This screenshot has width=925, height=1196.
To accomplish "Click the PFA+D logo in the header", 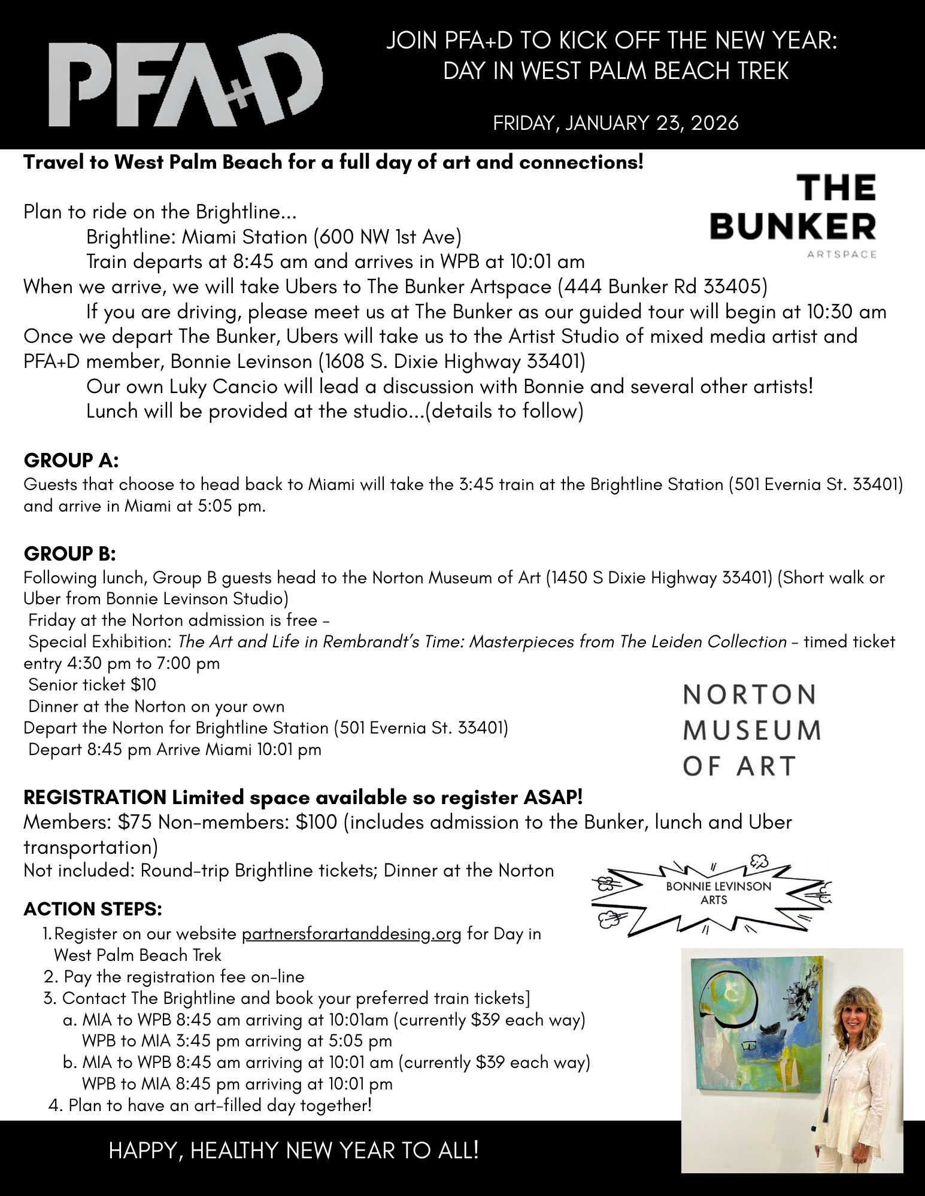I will point(186,81).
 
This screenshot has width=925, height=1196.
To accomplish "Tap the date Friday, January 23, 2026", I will point(615,123).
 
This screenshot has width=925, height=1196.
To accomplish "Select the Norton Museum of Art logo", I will point(752,730).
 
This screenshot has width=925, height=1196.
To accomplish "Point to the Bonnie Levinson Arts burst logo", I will point(715,893).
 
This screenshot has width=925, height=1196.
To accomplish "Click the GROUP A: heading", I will point(71,461).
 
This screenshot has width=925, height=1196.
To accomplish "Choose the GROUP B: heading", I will point(69,554).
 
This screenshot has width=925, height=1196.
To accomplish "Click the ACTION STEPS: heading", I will point(93,909).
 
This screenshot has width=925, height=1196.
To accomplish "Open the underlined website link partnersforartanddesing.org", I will point(351,934).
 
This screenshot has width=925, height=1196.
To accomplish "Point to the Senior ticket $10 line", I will point(92,684).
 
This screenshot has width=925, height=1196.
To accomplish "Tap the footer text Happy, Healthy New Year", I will point(293,1150).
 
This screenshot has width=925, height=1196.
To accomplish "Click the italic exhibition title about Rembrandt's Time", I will point(482,641).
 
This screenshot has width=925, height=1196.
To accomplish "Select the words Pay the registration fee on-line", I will point(184,976).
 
